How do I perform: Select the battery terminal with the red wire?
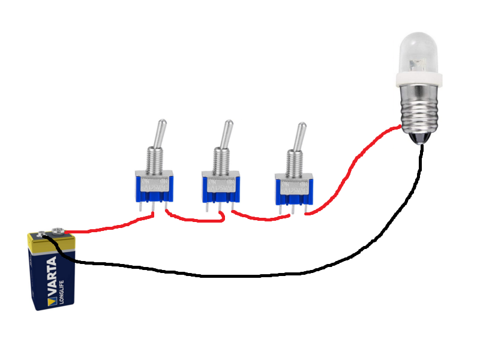coord(58,230)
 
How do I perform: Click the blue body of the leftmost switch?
coord(154,188)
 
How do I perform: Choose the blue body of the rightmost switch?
coord(294,191)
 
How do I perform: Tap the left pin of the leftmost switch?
coord(140,206)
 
